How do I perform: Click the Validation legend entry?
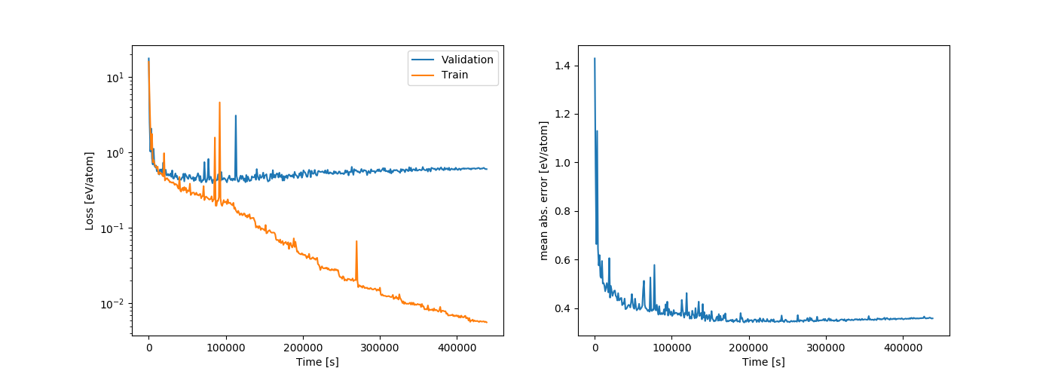click(x=467, y=60)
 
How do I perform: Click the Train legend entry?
click(x=455, y=75)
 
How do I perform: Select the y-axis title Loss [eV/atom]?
click(x=90, y=191)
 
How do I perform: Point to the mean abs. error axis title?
click(x=544, y=191)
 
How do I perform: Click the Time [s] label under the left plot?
click(x=317, y=363)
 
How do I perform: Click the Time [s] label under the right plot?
click(x=763, y=363)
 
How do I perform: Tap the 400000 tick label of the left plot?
click(x=457, y=348)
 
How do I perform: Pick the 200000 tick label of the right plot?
click(x=749, y=348)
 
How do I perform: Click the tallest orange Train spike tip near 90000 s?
click(x=219, y=103)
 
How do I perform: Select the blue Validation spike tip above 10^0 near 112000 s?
click(x=236, y=115)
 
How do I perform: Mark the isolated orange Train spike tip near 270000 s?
click(x=356, y=241)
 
